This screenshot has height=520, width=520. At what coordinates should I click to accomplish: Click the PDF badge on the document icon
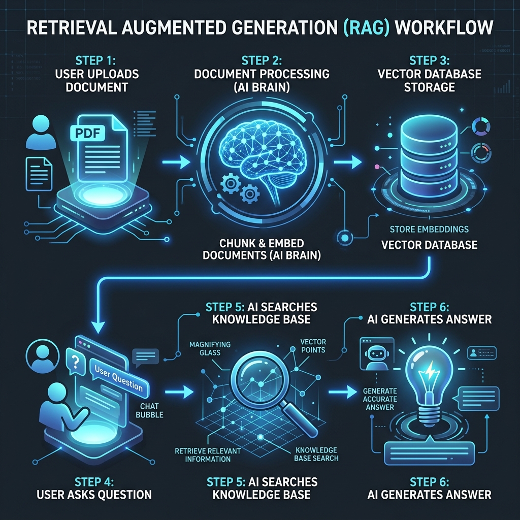[x=88, y=133]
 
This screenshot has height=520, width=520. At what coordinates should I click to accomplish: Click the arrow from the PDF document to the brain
[x=176, y=162]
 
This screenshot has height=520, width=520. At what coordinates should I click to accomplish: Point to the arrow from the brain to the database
[x=347, y=162]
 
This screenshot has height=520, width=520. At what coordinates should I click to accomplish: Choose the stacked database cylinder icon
[x=429, y=156]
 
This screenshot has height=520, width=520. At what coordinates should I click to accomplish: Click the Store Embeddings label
[x=429, y=229]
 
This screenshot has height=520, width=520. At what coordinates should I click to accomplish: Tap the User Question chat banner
[x=119, y=378]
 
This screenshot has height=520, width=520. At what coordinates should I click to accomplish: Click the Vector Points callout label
[x=313, y=345]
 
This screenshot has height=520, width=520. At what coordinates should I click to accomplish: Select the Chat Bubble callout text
[x=150, y=410]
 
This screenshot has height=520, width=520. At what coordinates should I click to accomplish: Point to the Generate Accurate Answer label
[x=380, y=399]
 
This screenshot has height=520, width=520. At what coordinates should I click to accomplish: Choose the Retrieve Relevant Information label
[x=208, y=455]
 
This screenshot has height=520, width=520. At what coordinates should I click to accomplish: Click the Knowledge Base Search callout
[x=316, y=454]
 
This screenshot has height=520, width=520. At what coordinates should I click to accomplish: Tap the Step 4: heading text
[x=94, y=481]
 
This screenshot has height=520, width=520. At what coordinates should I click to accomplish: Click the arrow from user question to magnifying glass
[x=179, y=392]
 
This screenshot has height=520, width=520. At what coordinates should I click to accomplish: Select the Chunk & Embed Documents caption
[x=262, y=249]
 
